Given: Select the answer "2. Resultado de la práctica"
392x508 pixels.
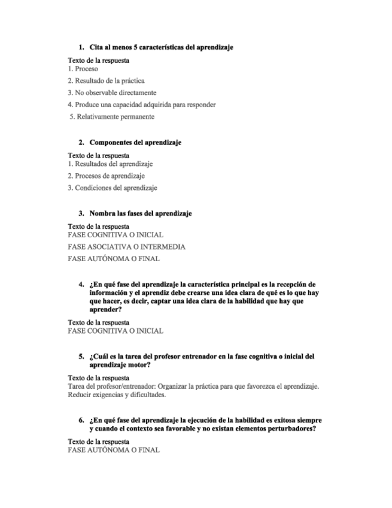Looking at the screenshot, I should click(106, 81).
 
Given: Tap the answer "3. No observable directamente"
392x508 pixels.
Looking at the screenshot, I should click(112, 93).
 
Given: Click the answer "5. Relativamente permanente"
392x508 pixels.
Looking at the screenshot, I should click(112, 117).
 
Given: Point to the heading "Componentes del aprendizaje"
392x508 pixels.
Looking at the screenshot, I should click(135, 143).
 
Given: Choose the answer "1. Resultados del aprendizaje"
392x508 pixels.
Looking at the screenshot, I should click(110, 164).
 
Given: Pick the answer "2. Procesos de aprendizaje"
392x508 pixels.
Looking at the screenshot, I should click(106, 176).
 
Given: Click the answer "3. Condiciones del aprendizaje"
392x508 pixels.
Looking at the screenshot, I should click(112, 188).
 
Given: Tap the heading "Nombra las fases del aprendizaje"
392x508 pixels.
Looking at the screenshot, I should click(141, 213).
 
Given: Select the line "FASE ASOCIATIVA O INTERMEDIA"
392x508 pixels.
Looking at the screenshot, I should click(126, 247).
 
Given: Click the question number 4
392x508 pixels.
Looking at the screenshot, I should click(81, 284).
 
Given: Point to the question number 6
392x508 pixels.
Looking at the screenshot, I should click(81, 421).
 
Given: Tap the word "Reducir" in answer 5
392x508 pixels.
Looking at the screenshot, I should click(80, 395).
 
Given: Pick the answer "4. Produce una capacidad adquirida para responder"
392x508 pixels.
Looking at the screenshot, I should click(142, 105).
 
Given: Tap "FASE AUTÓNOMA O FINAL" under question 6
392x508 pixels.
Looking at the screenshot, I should click(114, 450).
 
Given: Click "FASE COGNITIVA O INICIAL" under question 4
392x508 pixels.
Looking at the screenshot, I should click(116, 331).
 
